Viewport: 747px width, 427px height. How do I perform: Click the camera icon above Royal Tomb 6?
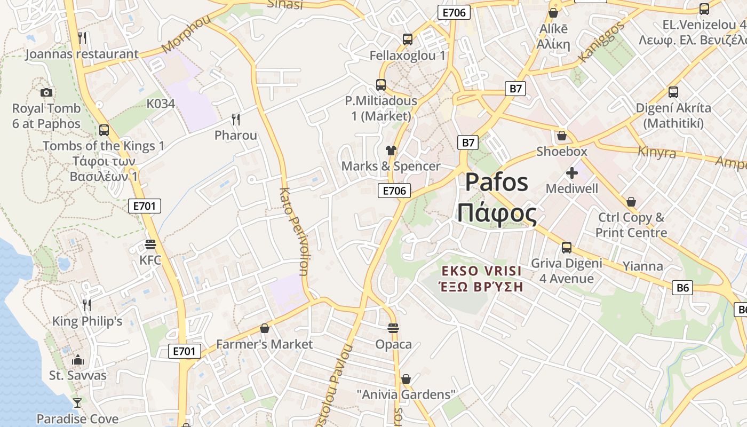click(x=46, y=92)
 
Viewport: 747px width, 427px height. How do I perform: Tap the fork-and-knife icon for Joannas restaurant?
click(x=82, y=37)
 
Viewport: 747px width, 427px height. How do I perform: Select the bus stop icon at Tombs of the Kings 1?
click(x=104, y=130)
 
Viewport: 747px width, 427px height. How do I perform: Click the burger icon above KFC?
click(x=150, y=244)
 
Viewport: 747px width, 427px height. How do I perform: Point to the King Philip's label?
click(x=87, y=321)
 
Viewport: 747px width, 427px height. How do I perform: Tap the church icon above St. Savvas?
click(x=78, y=359)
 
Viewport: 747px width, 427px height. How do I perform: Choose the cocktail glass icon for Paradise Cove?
click(x=77, y=402)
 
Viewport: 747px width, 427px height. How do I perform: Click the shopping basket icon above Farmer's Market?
click(x=264, y=328)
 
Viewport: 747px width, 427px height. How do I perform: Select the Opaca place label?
click(x=393, y=344)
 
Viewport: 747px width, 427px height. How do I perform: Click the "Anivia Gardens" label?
click(x=406, y=395)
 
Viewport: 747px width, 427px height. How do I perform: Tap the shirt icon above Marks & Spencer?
click(x=391, y=150)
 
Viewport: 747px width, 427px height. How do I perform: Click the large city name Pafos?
click(x=496, y=183)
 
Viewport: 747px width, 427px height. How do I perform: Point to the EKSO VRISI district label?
click(x=481, y=271)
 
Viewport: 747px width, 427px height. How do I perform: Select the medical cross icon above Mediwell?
click(x=571, y=173)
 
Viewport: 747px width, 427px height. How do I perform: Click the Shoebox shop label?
click(x=562, y=152)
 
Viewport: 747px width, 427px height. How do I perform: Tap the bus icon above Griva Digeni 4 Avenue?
click(x=566, y=248)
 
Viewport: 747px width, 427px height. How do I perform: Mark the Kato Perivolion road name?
click(x=294, y=231)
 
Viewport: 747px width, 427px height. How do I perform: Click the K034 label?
click(x=161, y=104)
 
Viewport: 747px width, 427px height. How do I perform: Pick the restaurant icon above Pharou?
click(x=236, y=119)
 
